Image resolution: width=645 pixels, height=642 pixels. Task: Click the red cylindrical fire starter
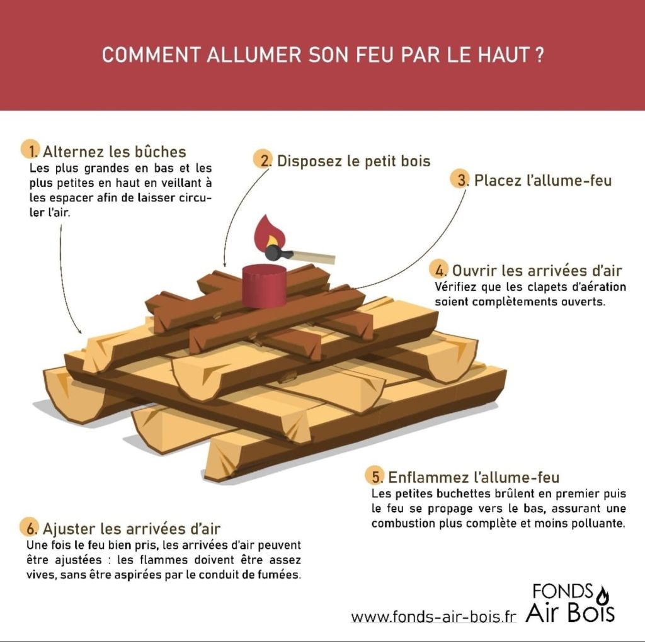(x=264, y=286)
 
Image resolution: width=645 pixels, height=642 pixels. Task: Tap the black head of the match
(x=275, y=252)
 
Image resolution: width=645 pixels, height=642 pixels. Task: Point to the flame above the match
(x=270, y=233)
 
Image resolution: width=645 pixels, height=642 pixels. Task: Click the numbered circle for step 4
(x=439, y=269)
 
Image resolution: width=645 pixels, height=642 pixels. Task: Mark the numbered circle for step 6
(x=30, y=527)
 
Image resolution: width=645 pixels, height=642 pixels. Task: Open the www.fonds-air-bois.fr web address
(x=433, y=617)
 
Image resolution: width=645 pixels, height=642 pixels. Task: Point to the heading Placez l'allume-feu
(x=543, y=181)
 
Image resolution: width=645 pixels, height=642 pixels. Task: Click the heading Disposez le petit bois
(x=354, y=160)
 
